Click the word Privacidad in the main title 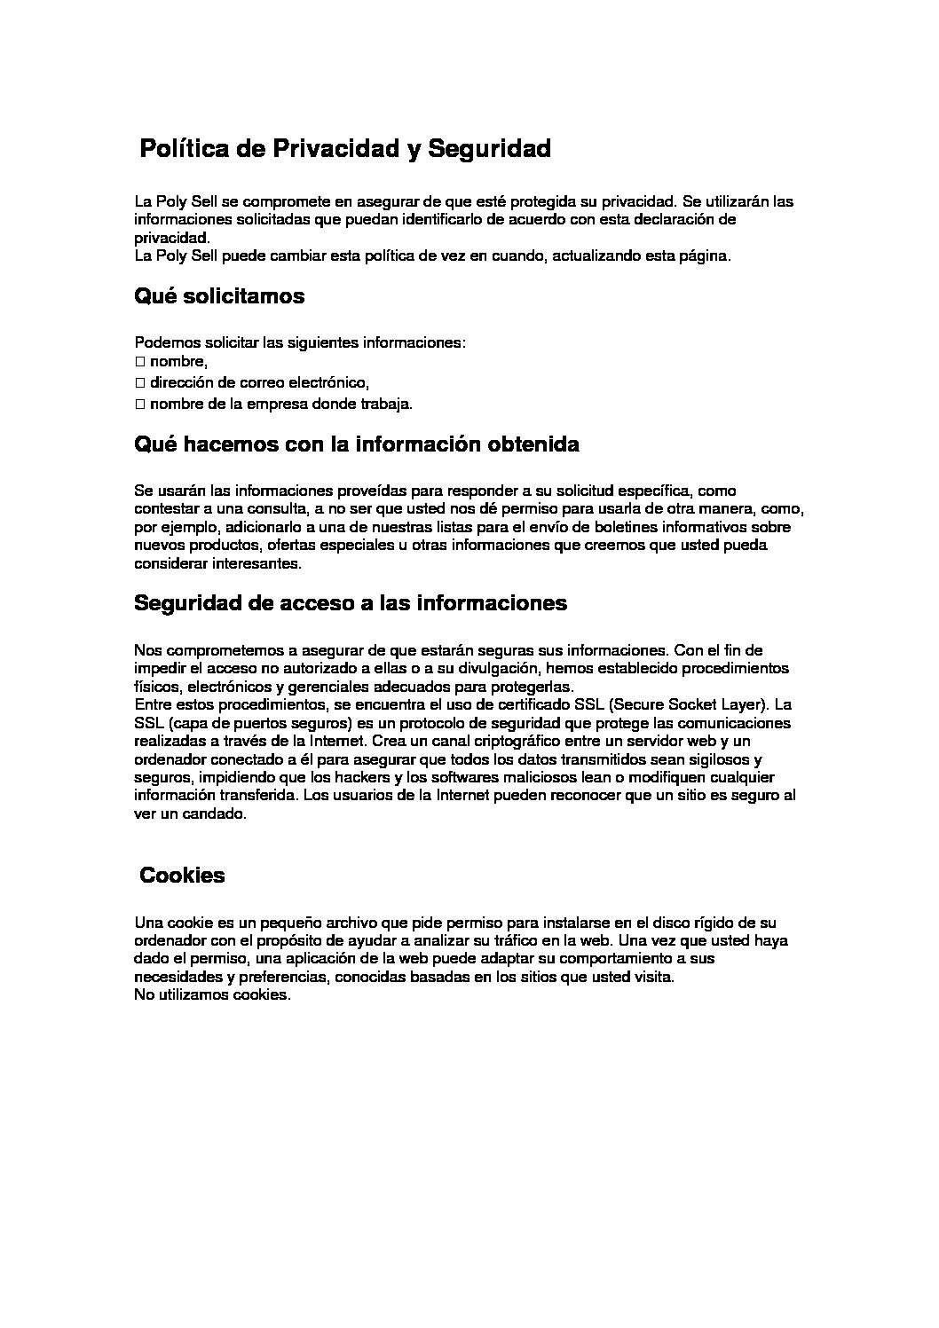pos(335,149)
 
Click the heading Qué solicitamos pos(218,296)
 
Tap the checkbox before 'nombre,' pos(139,362)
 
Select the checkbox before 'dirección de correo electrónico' pos(139,383)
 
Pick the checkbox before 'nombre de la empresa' pos(139,405)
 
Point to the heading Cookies pos(182,876)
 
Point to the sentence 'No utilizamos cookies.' pos(212,995)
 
